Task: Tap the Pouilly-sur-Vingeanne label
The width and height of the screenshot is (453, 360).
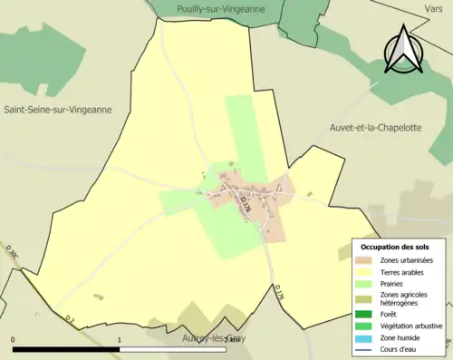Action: click(217, 9)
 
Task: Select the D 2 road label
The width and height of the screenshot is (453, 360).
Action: click(70, 317)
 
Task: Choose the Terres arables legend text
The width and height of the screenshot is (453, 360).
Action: click(405, 271)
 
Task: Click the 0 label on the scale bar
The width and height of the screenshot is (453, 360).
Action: click(14, 339)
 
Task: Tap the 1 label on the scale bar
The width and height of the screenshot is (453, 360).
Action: click(120, 339)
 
